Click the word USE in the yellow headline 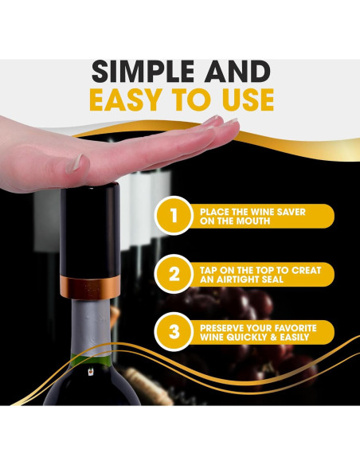point(241,100)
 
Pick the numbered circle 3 point(173,331)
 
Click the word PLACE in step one point(214,211)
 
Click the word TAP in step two point(209,269)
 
